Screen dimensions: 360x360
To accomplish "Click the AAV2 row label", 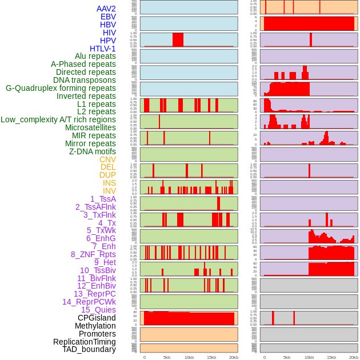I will pyautogui.click(x=106, y=9).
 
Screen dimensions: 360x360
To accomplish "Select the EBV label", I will pyautogui.click(x=108, y=17).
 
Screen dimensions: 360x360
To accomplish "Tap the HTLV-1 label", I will pyautogui.click(x=102, y=49).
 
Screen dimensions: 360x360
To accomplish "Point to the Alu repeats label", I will pyautogui.click(x=95, y=56).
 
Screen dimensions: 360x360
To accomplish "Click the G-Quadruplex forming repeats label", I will pyautogui.click(x=61, y=88).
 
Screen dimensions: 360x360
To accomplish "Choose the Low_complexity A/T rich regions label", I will pyautogui.click(x=58, y=119).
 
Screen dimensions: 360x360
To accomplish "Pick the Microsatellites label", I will pyautogui.click(x=90, y=127).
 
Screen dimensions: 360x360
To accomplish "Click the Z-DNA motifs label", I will pyautogui.click(x=92, y=151).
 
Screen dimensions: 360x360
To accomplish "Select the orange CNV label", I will pyautogui.click(x=107, y=159).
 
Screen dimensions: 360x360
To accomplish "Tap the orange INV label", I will pyautogui.click(x=109, y=191).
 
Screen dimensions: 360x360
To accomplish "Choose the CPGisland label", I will pyautogui.click(x=97, y=318).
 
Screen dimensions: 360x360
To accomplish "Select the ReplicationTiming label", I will pyautogui.click(x=84, y=342).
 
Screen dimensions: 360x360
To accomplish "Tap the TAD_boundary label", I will pyautogui.click(x=89, y=349).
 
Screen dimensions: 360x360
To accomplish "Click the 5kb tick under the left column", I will pyautogui.click(x=167, y=357).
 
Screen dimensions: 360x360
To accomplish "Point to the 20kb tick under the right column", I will pyautogui.click(x=354, y=357).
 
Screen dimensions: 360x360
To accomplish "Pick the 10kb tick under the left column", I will pyautogui.click(x=189, y=357).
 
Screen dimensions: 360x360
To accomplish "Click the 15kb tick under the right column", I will pyautogui.click(x=331, y=357).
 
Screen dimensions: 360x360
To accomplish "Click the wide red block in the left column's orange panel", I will pyautogui.click(x=189, y=318).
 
